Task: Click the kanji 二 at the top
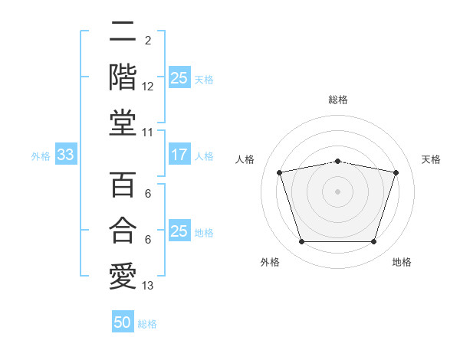point(123,31)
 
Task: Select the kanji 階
point(123,77)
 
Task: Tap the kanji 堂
point(123,123)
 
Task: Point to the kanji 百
point(123,185)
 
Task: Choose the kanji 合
point(123,230)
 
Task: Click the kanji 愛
point(123,277)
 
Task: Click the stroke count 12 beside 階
point(147,87)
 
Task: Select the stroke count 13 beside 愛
point(147,286)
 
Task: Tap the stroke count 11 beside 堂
point(147,133)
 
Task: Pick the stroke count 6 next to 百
point(148,194)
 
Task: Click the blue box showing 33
point(66,154)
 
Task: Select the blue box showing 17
point(179,154)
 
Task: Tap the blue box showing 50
point(123,321)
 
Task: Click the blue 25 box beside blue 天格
point(179,77)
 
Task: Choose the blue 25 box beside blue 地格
point(179,230)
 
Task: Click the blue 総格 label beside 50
point(147,324)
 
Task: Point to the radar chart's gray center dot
point(337,191)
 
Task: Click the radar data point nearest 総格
point(337,162)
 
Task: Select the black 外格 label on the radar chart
point(270,262)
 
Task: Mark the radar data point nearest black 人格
point(279,172)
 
